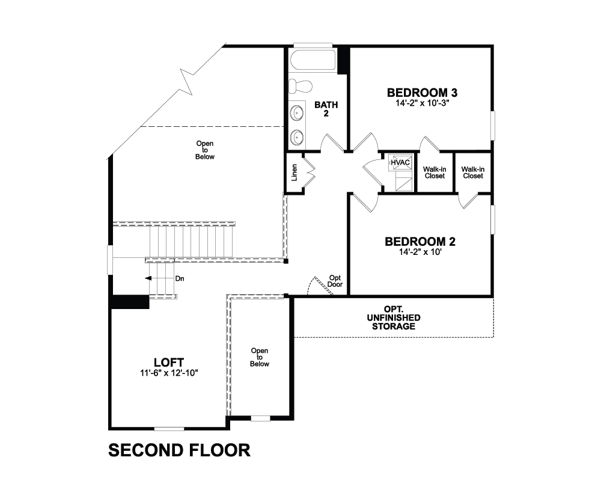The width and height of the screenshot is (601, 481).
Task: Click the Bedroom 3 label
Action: click(422, 93)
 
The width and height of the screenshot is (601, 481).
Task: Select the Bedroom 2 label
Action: click(420, 242)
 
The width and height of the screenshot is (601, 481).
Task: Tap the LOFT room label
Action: click(169, 363)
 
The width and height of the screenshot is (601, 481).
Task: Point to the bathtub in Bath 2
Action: click(313, 61)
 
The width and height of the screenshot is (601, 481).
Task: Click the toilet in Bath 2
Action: click(300, 86)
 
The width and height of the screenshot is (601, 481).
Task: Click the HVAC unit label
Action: click(400, 162)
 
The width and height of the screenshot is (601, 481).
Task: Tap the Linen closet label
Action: click(294, 173)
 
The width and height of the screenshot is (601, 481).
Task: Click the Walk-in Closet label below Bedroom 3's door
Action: click(435, 173)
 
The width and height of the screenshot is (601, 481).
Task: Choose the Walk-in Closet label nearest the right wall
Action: click(473, 173)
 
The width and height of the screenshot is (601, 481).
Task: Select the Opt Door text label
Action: click(335, 281)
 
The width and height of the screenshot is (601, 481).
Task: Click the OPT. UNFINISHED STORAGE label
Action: click(394, 317)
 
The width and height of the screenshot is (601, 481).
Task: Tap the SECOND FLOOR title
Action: click(179, 450)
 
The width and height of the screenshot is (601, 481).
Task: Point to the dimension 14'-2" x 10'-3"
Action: click(422, 103)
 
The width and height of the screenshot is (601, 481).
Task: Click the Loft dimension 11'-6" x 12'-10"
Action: click(169, 372)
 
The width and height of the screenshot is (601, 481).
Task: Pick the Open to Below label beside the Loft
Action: click(260, 357)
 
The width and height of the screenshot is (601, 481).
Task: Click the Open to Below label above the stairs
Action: click(205, 150)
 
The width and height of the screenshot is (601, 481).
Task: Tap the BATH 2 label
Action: click(326, 109)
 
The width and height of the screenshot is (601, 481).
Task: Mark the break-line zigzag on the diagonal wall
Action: click(187, 81)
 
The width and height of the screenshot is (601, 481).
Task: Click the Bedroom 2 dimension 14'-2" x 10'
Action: click(420, 252)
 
